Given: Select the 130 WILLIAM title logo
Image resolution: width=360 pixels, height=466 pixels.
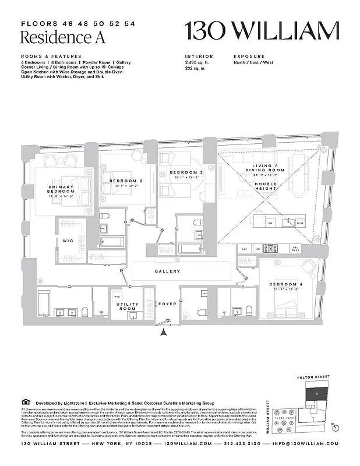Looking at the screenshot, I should (262, 31).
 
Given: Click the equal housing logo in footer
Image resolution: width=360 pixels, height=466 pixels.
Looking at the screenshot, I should (24, 402).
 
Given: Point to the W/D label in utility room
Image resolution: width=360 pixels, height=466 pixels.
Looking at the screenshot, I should (117, 296).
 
